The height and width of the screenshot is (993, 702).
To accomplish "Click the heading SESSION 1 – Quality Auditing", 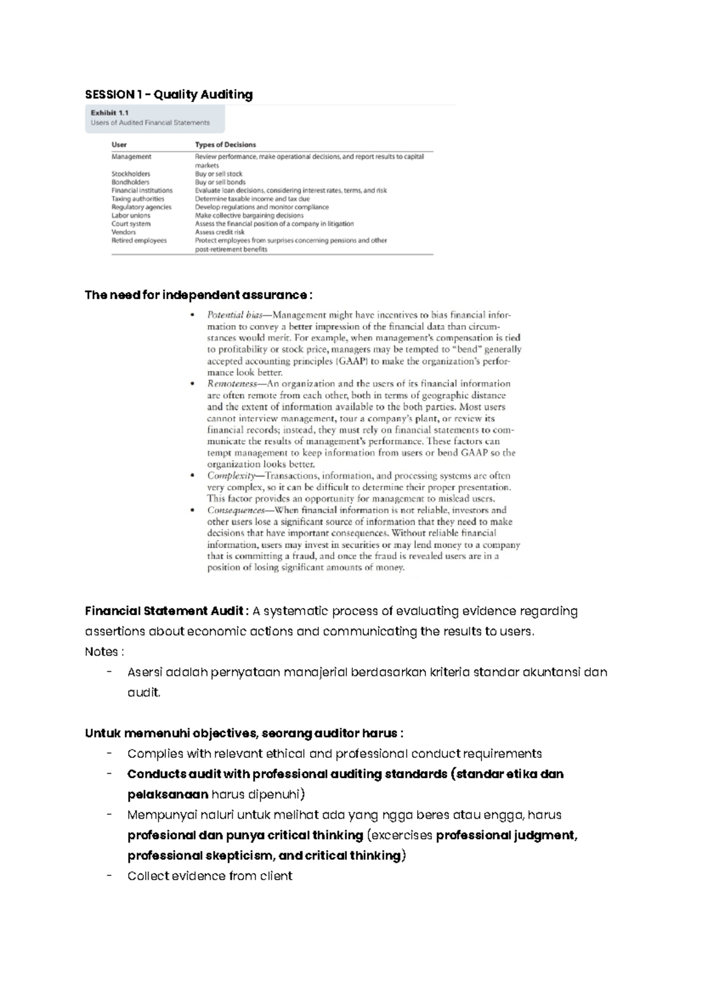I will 168,95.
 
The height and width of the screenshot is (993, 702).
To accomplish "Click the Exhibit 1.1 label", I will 109,113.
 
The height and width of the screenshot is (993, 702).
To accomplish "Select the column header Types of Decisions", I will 225,144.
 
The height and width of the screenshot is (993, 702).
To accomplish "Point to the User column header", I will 119,144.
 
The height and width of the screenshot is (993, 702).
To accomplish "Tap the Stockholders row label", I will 130,174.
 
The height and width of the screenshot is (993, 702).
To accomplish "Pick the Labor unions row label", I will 130,215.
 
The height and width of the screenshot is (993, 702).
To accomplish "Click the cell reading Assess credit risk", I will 219,232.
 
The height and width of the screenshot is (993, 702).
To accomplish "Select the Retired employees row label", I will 139,240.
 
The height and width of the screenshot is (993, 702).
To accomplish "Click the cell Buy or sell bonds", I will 220,182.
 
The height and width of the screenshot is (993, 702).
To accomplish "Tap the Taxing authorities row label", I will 137,199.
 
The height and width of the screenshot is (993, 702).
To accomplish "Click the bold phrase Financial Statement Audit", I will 164,611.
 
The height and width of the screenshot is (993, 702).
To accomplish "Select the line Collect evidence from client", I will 209,876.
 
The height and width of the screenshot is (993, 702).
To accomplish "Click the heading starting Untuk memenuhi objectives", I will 244,733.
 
